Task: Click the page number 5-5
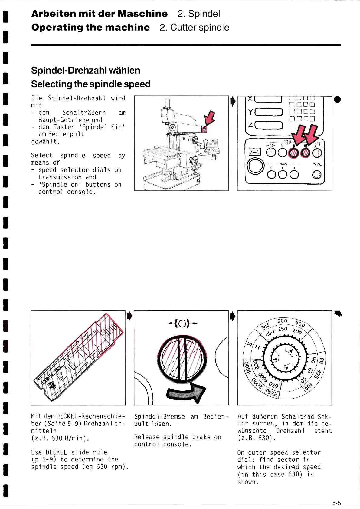[x=336, y=503]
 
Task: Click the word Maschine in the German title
[x=142, y=14]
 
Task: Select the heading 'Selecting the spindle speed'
[x=90, y=84]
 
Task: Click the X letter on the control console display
[x=250, y=99]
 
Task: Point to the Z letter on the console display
[x=250, y=125]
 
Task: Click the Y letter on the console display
[x=250, y=112]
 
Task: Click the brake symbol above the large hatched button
[x=182, y=324]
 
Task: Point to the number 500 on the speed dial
[x=282, y=321]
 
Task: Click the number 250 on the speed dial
[x=283, y=329]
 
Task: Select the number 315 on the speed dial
[x=265, y=327]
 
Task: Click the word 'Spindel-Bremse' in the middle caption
[x=159, y=416]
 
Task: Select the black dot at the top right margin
[x=337, y=99]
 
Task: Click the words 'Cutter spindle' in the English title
[x=199, y=28]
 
